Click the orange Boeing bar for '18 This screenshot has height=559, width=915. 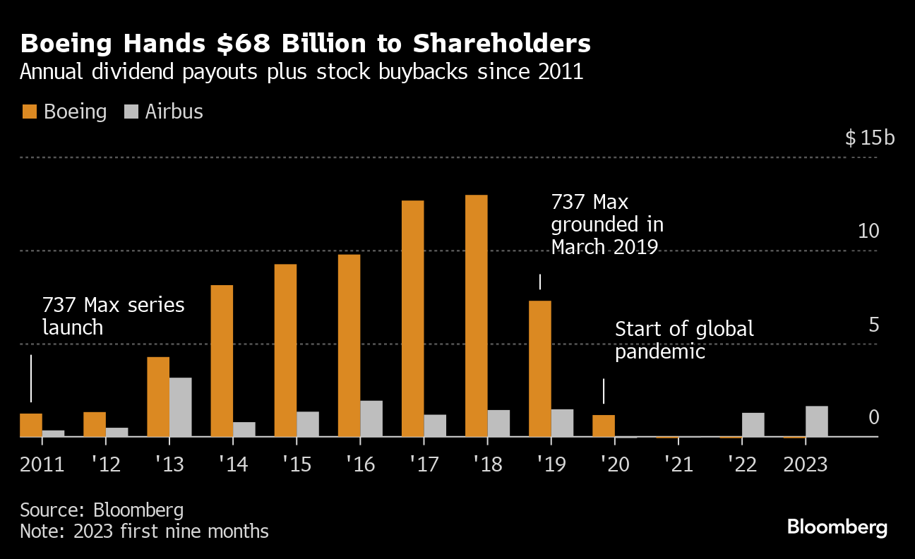click(x=477, y=315)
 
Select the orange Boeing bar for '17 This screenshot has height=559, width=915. click(x=413, y=318)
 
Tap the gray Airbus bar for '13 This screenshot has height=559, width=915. click(x=180, y=407)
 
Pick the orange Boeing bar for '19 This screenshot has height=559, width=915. click(x=540, y=368)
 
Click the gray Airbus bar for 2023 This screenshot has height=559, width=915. click(x=817, y=421)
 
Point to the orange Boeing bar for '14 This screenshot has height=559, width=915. click(x=222, y=361)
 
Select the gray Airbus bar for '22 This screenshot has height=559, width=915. click(x=753, y=424)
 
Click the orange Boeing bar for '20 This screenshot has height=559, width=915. click(x=604, y=426)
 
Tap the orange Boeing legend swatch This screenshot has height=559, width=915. click(x=29, y=112)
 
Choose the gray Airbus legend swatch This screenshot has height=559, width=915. click(x=131, y=112)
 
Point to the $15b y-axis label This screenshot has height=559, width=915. click(x=870, y=138)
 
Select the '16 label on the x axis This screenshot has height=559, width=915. click(x=360, y=465)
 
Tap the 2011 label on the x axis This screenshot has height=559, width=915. click(x=42, y=465)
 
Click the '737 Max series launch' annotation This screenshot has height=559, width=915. click(x=113, y=316)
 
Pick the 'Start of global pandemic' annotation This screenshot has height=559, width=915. click(x=684, y=339)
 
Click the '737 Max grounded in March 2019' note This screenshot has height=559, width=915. click(x=606, y=224)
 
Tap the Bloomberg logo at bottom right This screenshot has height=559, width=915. click(x=837, y=527)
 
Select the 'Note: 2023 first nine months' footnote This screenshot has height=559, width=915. click(x=144, y=531)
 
